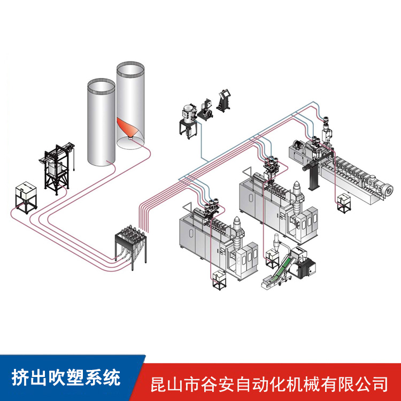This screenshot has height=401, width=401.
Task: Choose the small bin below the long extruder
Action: (x=343, y=203)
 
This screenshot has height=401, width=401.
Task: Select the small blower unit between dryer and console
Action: (x=205, y=109)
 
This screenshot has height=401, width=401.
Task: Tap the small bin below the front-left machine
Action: (x=219, y=280)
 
